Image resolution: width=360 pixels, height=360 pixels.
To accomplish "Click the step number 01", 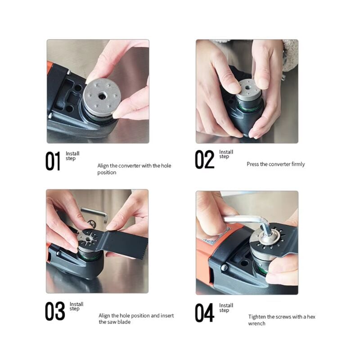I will [53, 162].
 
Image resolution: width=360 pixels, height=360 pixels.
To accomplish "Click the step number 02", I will [204, 159].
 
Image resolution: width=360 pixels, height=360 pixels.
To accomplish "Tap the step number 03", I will [54, 311].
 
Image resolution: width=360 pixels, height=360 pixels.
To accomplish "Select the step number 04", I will [204, 312].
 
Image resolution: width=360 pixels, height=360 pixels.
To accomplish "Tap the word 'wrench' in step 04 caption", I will [257, 324].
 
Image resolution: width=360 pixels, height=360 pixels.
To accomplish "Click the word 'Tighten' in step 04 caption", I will [258, 317].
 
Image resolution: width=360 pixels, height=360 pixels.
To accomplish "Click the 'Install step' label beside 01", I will [72, 156].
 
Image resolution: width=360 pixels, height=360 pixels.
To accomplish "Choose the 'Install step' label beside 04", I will [226, 308].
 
